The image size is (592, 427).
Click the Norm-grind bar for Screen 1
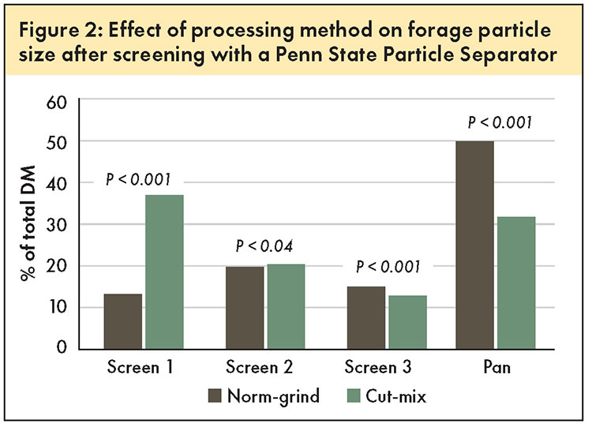[123, 321]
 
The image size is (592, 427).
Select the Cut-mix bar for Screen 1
[165, 272]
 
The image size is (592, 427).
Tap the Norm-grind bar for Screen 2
[245, 308]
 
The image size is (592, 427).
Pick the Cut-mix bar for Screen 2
[287, 306]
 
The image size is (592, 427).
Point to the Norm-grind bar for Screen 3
[366, 318]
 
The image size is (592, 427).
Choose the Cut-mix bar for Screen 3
[408, 323]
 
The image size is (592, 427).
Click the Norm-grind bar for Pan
[475, 245]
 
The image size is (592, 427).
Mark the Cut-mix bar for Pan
[516, 283]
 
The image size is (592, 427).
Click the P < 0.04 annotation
[264, 246]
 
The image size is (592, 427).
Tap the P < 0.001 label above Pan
[500, 122]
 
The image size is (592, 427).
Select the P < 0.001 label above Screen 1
[138, 179]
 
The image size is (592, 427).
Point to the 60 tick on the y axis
[57, 103]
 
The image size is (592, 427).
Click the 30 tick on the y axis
[57, 225]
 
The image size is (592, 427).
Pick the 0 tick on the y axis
[62, 346]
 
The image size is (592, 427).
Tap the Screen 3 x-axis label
[378, 367]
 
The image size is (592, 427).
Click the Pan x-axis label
[496, 367]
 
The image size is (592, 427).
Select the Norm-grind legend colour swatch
[215, 396]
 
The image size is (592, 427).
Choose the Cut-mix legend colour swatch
[354, 396]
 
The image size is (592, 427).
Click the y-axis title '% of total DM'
[28, 223]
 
